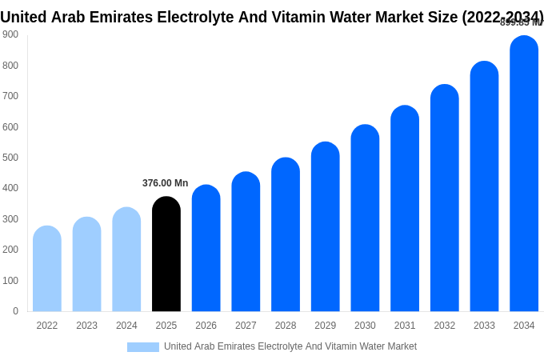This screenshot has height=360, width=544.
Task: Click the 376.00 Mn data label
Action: (165, 183)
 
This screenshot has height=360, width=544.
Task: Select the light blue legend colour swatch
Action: (142, 347)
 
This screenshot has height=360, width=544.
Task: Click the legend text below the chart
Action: (290, 346)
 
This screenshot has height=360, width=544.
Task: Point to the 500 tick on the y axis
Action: (10, 158)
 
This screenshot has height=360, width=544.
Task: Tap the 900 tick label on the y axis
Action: (10, 34)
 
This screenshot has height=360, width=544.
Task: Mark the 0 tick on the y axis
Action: (15, 311)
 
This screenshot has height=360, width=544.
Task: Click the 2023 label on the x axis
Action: (86, 326)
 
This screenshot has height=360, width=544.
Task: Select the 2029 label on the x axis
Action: (325, 326)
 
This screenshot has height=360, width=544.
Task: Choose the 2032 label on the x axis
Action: (445, 326)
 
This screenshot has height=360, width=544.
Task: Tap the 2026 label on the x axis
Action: (206, 326)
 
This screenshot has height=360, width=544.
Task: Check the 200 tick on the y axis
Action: (10, 250)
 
